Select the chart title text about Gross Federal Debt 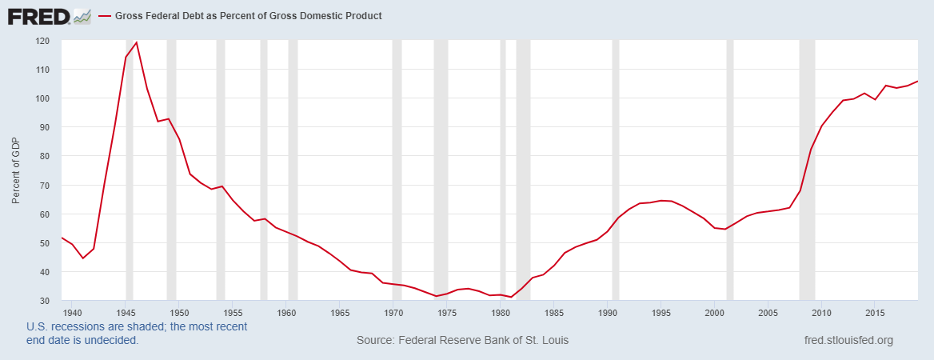point(249,16)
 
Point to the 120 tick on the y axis point(42,41)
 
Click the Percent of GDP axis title point(15,170)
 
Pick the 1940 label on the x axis point(71,312)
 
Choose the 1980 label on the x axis point(501,312)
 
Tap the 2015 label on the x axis point(876,312)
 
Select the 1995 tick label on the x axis point(661,312)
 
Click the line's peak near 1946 point(137,42)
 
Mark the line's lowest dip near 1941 point(82,258)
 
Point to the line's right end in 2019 point(917,81)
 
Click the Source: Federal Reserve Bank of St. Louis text point(462,341)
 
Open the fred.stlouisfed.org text point(848,341)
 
